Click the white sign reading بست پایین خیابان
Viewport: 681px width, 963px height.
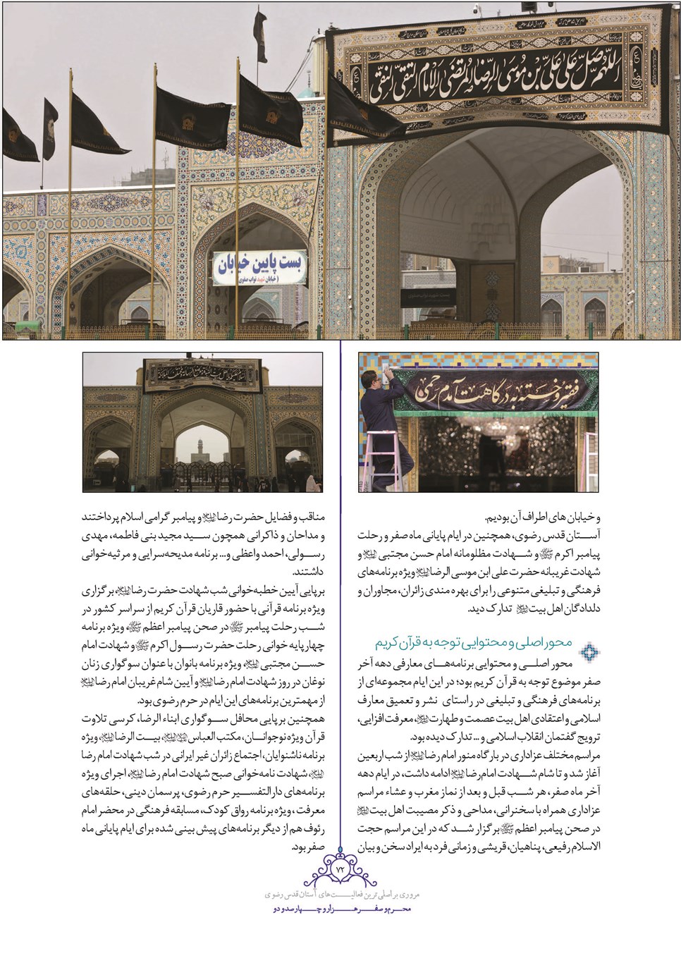click(x=259, y=268)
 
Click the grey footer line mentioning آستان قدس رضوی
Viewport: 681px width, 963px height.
click(x=340, y=894)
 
